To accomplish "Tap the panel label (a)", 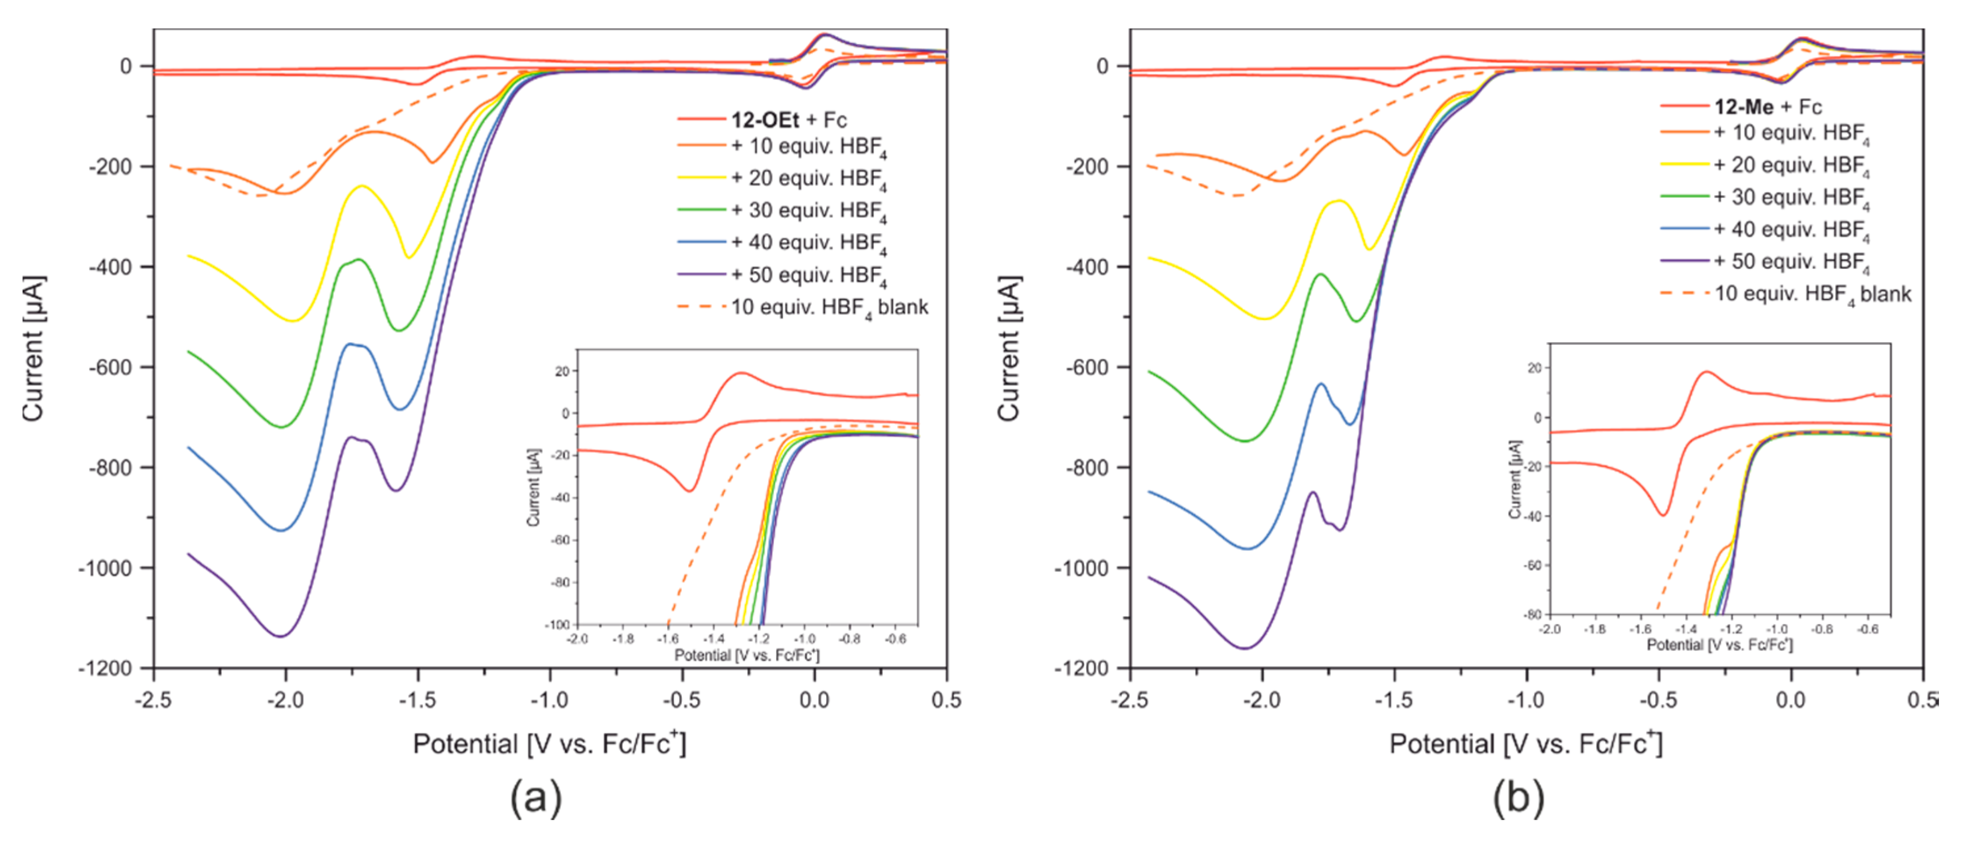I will pyautogui.click(x=536, y=798).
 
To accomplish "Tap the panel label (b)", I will pyautogui.click(x=1517, y=798).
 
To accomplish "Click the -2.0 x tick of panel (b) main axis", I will pyautogui.click(x=1262, y=700).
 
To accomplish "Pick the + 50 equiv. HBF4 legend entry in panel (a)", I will pyautogui.click(x=808, y=275).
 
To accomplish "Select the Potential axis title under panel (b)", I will pyautogui.click(x=1525, y=744).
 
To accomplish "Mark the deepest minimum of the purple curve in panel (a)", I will pyautogui.click(x=281, y=636).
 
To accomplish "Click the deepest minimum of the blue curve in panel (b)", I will pyautogui.click(x=1247, y=548).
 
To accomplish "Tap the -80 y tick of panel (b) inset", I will pyautogui.click(x=1534, y=614).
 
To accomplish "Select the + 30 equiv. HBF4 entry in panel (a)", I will pyautogui.click(x=808, y=210).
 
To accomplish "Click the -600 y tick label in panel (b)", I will pyautogui.click(x=1090, y=367).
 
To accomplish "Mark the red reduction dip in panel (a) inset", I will pyautogui.click(x=690, y=491).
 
